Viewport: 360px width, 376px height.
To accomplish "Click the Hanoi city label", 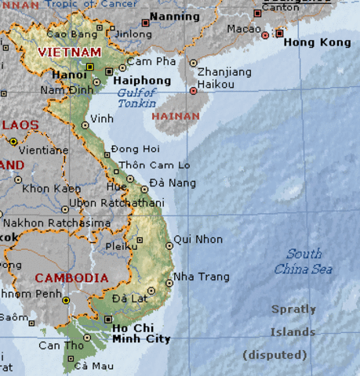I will pyautogui.click(x=69, y=75).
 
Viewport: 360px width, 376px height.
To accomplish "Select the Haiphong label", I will pyautogui.click(x=141, y=80).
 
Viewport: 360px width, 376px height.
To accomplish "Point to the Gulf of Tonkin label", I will pyautogui.click(x=136, y=98).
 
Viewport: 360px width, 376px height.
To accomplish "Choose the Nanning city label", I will pyautogui.click(x=174, y=16).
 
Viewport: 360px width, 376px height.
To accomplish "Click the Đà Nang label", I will pyautogui.click(x=167, y=183).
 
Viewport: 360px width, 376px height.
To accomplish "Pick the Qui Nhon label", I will pyautogui.click(x=198, y=239).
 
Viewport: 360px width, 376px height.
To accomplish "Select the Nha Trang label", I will pyautogui.click(x=202, y=277).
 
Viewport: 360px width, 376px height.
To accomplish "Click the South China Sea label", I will pyautogui.click(x=303, y=262).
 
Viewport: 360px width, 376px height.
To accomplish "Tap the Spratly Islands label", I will pyautogui.click(x=293, y=320).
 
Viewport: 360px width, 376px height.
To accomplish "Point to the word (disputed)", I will pyautogui.click(x=275, y=355).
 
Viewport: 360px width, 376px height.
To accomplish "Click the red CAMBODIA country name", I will pyautogui.click(x=71, y=278).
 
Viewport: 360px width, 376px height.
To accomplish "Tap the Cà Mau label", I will pyautogui.click(x=93, y=366).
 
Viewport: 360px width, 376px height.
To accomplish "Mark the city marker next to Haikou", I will pyautogui.click(x=194, y=92).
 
